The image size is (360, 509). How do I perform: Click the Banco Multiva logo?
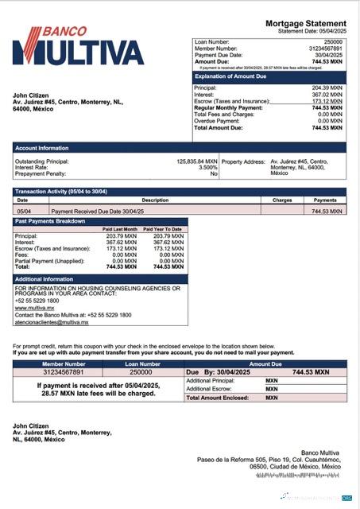click(x=78, y=45)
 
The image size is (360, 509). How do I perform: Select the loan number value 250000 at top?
click(x=333, y=41)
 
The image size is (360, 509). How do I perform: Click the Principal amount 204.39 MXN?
click(x=327, y=88)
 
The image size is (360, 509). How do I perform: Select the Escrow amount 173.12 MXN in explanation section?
click(x=327, y=101)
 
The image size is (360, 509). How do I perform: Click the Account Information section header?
click(x=41, y=148)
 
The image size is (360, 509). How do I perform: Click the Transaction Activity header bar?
click(x=59, y=192)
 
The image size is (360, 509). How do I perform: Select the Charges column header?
click(x=282, y=200)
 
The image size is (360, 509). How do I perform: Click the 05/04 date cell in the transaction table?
click(x=24, y=212)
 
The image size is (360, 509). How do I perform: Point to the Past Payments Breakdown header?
click(x=50, y=221)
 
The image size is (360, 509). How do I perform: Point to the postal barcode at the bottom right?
click(x=299, y=476)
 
